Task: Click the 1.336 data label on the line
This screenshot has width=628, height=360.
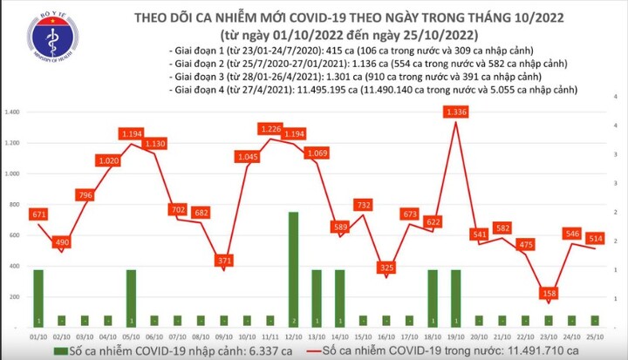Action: (454, 112)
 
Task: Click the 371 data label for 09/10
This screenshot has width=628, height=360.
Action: (225, 261)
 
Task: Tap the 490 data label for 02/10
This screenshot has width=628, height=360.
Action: (62, 242)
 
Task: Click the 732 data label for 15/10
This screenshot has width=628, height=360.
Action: (364, 205)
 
